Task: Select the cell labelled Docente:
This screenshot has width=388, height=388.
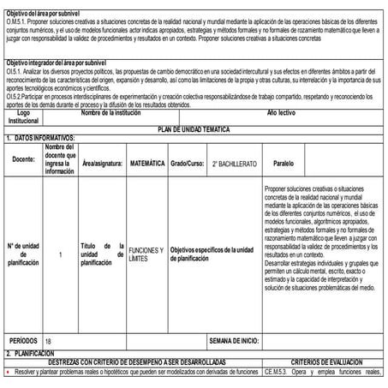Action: click(x=23, y=159)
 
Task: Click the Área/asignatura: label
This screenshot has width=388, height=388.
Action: click(x=102, y=160)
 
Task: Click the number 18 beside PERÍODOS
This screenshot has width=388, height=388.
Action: click(x=48, y=341)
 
